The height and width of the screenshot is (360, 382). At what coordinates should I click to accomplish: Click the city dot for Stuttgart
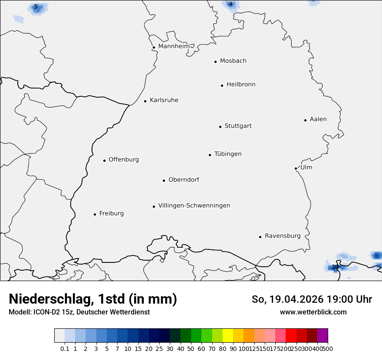click(220, 127)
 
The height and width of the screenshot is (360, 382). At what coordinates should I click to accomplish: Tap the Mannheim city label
click(174, 46)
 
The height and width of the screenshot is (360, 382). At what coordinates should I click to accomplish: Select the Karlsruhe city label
click(164, 100)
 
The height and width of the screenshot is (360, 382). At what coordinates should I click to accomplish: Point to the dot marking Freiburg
click(95, 214)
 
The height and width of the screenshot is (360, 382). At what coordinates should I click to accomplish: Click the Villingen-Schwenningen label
click(194, 206)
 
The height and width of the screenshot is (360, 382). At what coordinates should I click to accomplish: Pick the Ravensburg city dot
click(260, 237)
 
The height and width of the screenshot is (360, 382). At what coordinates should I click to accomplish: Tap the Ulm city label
click(306, 167)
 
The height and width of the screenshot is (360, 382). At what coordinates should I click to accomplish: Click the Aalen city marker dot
click(305, 120)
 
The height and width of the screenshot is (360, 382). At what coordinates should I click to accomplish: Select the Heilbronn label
click(241, 85)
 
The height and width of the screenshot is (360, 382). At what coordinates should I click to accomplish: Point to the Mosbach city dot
click(215, 62)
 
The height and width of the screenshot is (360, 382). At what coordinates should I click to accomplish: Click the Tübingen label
click(228, 154)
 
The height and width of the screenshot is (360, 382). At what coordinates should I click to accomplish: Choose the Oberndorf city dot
click(164, 180)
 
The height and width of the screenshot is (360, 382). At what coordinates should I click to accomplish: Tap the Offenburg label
click(124, 160)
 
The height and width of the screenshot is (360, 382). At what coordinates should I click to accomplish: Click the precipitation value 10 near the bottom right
click(335, 267)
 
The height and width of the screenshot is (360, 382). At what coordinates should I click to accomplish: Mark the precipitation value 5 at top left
click(36, 7)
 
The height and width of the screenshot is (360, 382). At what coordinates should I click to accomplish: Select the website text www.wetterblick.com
click(313, 312)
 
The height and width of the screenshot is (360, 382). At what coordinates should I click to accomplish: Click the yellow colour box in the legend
click(227, 336)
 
